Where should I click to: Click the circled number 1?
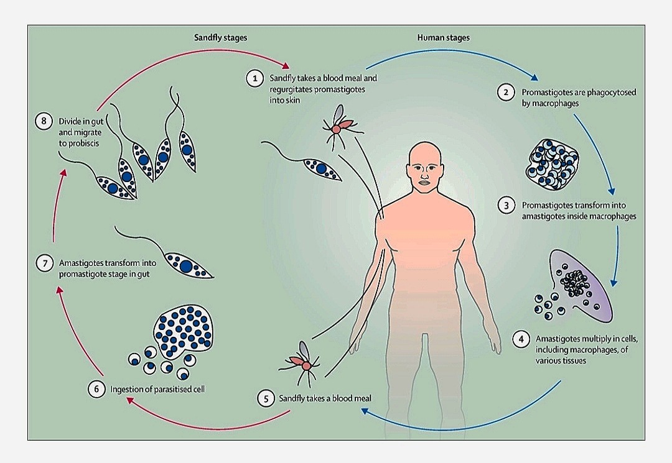coord(254,78)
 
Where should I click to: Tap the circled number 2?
coord(506,93)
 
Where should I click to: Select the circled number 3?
coord(506,205)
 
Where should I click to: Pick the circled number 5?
coord(266,398)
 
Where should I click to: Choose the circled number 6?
coord(95,390)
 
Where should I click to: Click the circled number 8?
coord(43,121)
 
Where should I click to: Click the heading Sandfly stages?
coord(221,38)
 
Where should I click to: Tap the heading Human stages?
coord(443,38)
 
